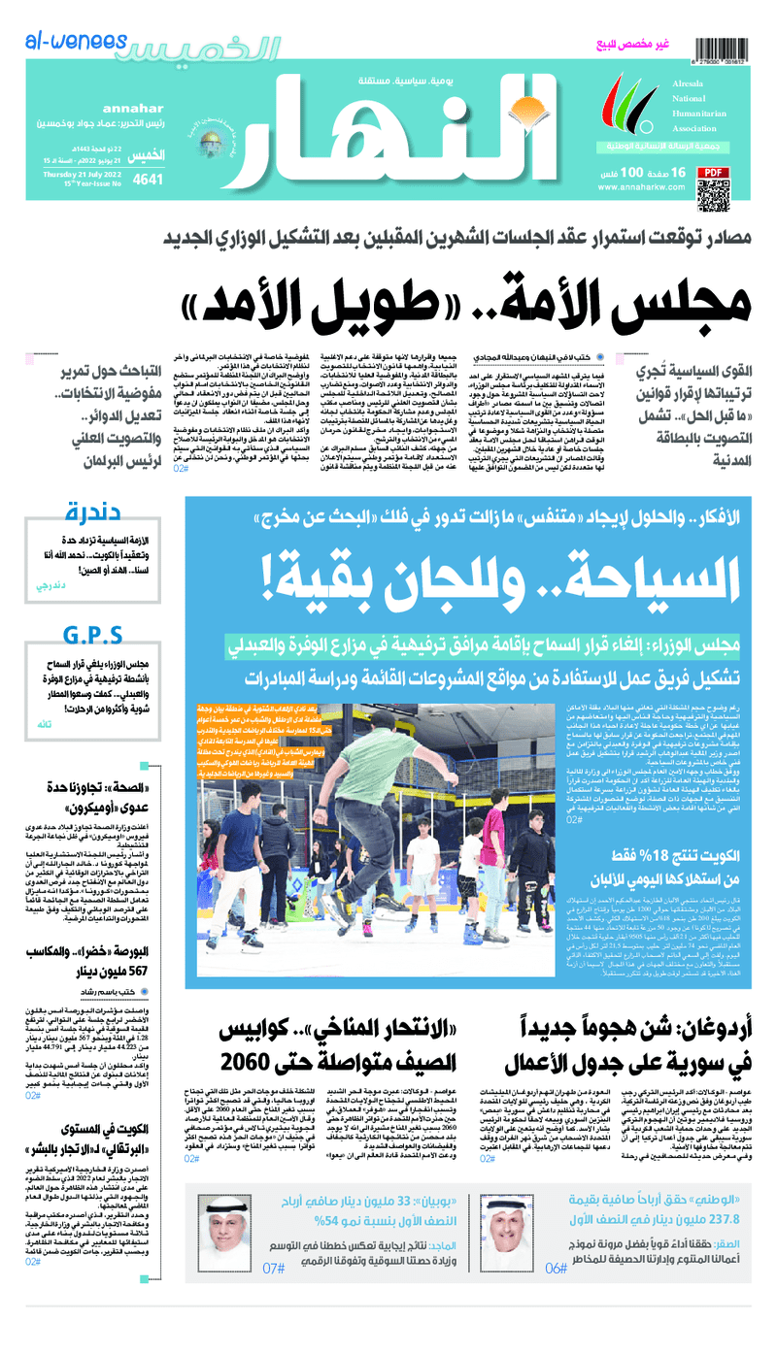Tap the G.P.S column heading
(92, 636)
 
